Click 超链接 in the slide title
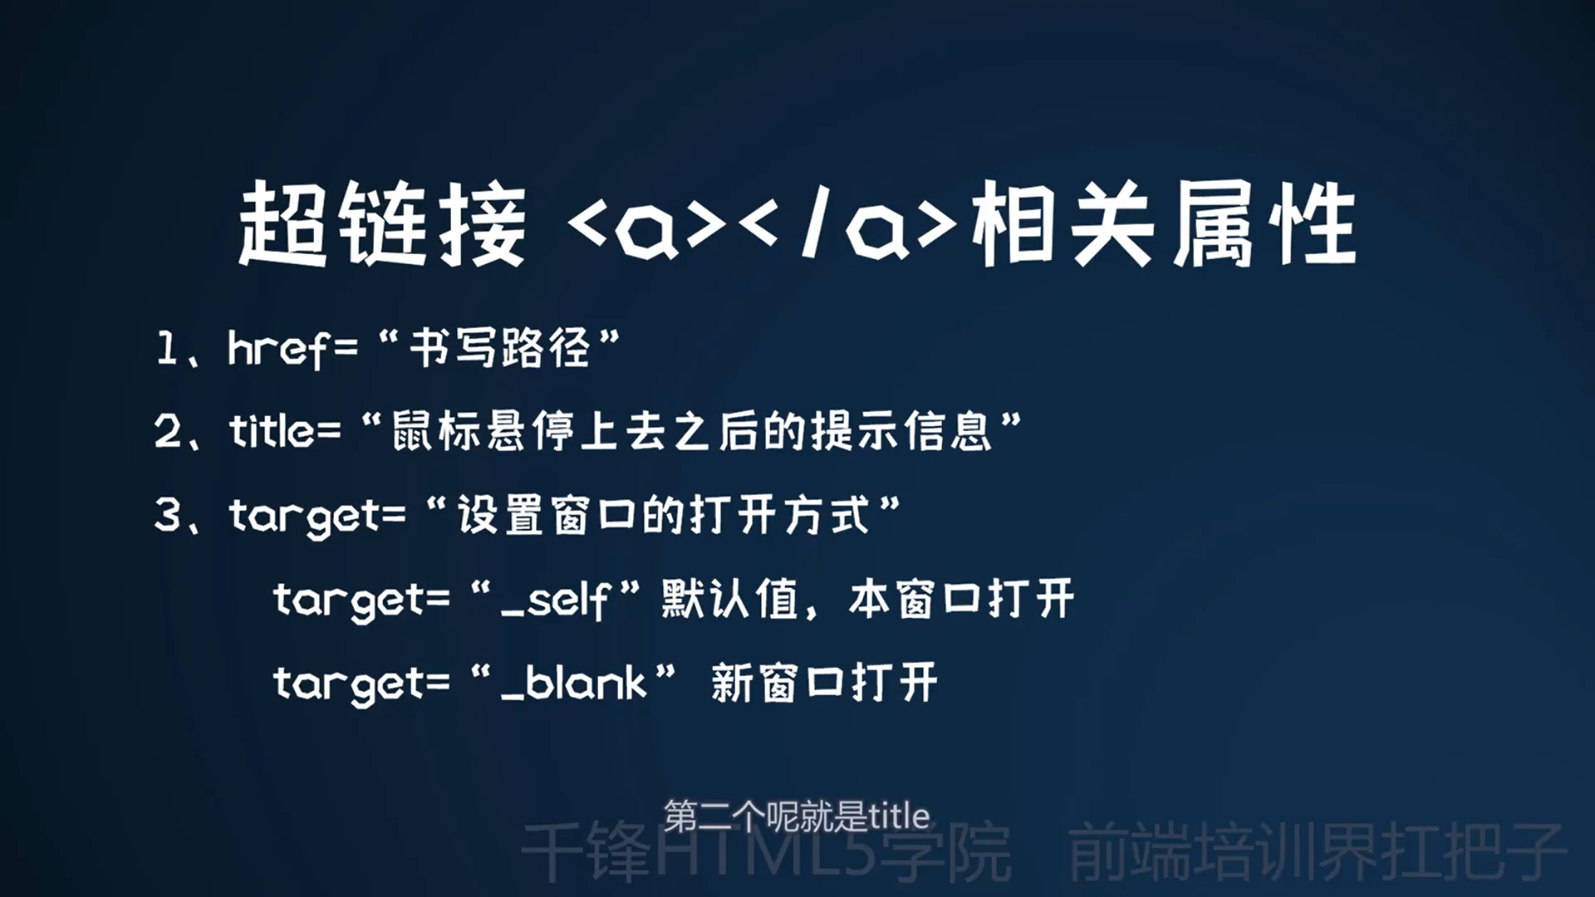(x=382, y=224)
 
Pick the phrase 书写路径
(x=499, y=348)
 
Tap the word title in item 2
(x=272, y=431)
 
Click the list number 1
(x=167, y=348)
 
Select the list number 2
(x=169, y=431)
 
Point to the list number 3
(x=169, y=515)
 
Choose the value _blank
(x=574, y=683)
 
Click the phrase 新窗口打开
(x=825, y=683)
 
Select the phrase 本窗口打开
(x=962, y=599)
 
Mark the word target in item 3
(x=305, y=517)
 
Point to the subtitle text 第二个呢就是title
(x=797, y=816)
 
